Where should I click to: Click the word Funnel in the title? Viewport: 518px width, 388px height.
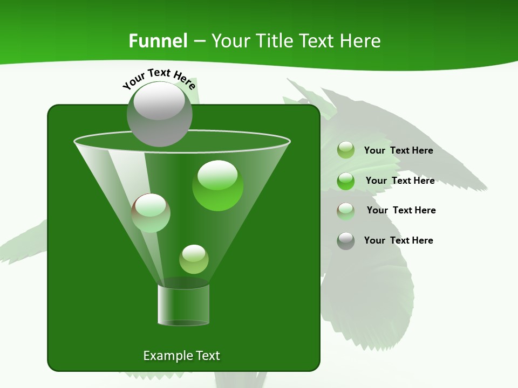pyautogui.click(x=158, y=41)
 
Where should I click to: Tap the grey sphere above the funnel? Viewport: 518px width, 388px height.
pyautogui.click(x=159, y=114)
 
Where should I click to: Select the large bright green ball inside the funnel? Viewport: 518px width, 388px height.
pyautogui.click(x=217, y=185)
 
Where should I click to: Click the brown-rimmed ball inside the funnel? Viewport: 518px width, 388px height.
pyautogui.click(x=151, y=213)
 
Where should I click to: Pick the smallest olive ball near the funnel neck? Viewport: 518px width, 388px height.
pyautogui.click(x=194, y=259)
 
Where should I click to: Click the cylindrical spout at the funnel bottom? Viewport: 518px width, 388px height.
pyautogui.click(x=183, y=304)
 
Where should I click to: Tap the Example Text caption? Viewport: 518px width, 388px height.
pyautogui.click(x=181, y=356)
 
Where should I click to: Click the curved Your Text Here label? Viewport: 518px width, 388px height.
pyautogui.click(x=159, y=78)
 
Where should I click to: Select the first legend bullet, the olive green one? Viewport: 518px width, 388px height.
pyautogui.click(x=346, y=150)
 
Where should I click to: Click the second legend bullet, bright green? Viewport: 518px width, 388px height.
pyautogui.click(x=346, y=181)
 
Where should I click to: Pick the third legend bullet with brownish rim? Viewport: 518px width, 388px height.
pyautogui.click(x=346, y=211)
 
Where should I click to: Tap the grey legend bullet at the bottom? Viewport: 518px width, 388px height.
pyautogui.click(x=346, y=241)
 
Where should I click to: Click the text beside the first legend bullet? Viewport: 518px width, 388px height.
pyautogui.click(x=398, y=150)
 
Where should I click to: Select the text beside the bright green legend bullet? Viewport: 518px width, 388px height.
pyautogui.click(x=400, y=181)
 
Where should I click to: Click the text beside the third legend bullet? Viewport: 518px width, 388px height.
pyautogui.click(x=401, y=210)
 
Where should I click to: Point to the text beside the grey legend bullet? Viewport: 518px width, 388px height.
pyautogui.click(x=398, y=240)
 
